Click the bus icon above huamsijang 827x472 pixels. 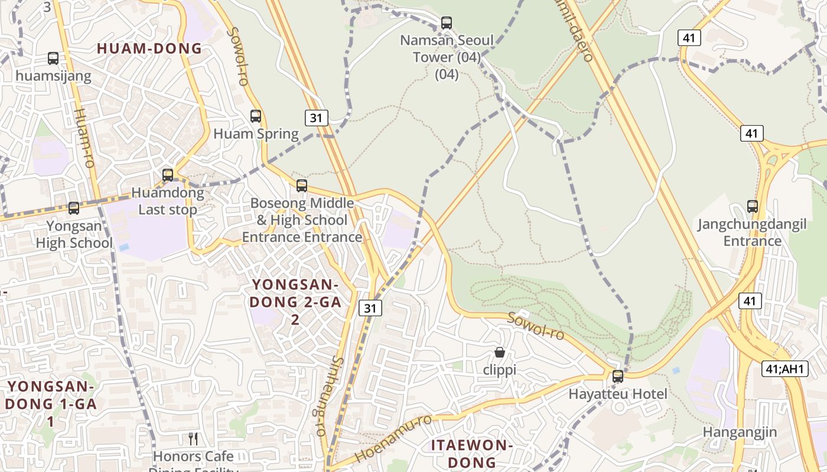[x=53, y=58]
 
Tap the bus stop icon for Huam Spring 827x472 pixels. [x=256, y=116]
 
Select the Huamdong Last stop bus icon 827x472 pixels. [x=168, y=175]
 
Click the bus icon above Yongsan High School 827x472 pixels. [x=74, y=208]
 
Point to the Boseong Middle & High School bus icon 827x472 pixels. [x=302, y=186]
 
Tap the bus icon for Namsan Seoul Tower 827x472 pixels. [x=447, y=23]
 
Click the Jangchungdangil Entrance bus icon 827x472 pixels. [x=753, y=206]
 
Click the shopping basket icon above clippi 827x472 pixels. [x=500, y=352]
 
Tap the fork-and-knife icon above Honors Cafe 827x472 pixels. [x=193, y=438]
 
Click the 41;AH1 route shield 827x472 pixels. [x=784, y=369]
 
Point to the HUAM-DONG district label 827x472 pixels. [x=149, y=48]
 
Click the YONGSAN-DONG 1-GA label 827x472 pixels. [x=51, y=404]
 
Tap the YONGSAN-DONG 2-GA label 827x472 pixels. [x=295, y=301]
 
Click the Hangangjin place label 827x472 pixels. [x=740, y=432]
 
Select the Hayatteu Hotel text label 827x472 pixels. [x=618, y=394]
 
